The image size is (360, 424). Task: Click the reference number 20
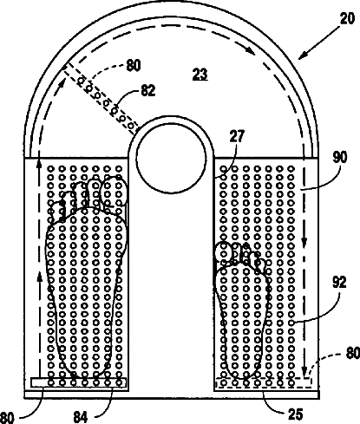coord(347,19)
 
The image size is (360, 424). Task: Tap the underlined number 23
coord(200,74)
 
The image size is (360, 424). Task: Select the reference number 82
coord(148,90)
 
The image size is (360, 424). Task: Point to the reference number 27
coord(237,136)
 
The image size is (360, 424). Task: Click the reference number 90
coord(340,158)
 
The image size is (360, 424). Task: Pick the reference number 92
coord(339,283)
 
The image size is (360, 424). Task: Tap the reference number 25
coord(296,414)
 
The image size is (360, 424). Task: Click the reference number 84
coord(81,417)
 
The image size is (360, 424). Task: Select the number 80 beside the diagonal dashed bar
coord(134,65)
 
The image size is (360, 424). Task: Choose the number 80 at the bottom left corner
coord(6,418)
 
